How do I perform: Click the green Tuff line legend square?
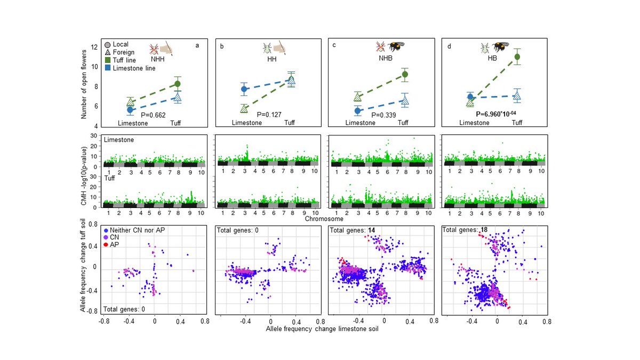click(x=108, y=60)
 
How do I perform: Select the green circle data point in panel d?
click(x=517, y=57)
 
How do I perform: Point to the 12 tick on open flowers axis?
click(x=93, y=47)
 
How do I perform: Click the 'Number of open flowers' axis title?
click(x=84, y=84)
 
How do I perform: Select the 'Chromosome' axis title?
click(x=323, y=218)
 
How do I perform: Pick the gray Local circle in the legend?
click(x=108, y=45)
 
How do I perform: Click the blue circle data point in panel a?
click(x=130, y=109)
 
